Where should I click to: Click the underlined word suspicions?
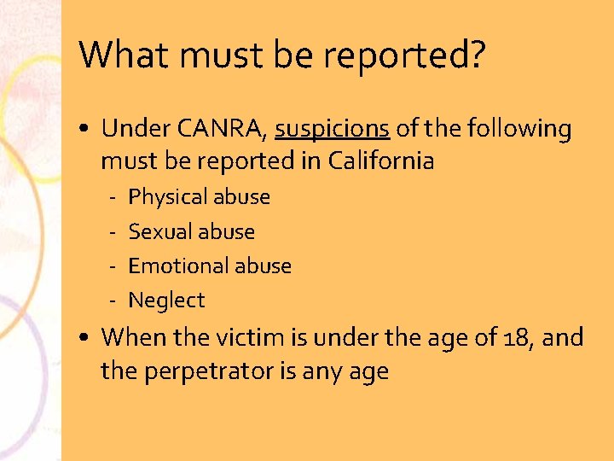[332, 129]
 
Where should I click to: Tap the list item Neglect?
[166, 301]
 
